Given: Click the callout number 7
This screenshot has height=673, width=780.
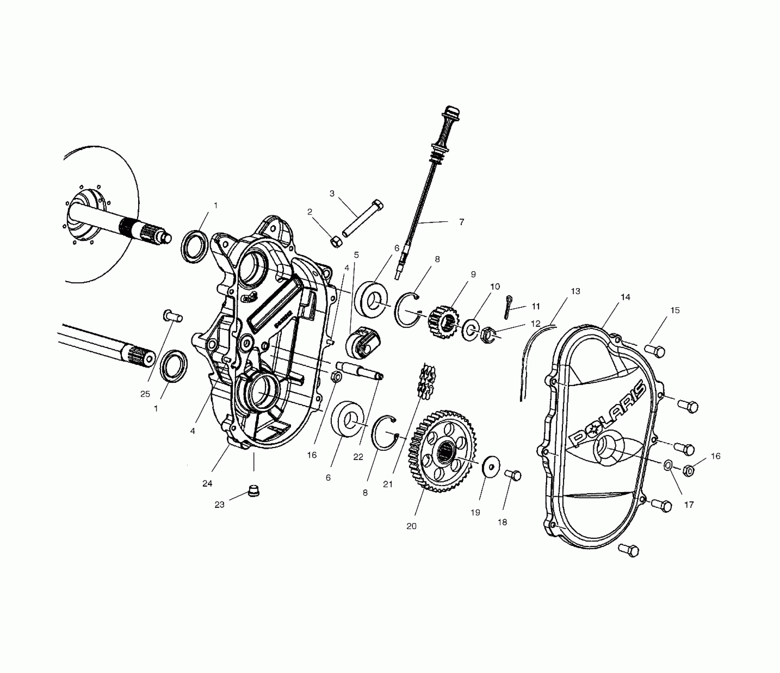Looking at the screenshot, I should [461, 222].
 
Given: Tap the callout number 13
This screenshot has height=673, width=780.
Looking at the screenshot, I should [575, 291].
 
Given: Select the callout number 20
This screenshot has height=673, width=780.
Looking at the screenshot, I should [411, 526].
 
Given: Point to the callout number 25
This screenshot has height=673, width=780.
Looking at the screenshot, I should [145, 394].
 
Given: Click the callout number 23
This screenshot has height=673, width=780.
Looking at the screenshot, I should [219, 504].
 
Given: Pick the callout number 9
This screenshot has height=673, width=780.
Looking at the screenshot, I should [473, 274].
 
